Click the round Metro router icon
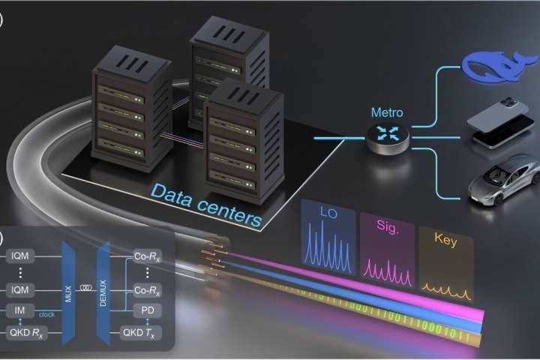click(x=387, y=137)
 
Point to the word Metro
click(x=387, y=112)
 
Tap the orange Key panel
click(x=445, y=259)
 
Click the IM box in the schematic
click(x=19, y=310)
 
